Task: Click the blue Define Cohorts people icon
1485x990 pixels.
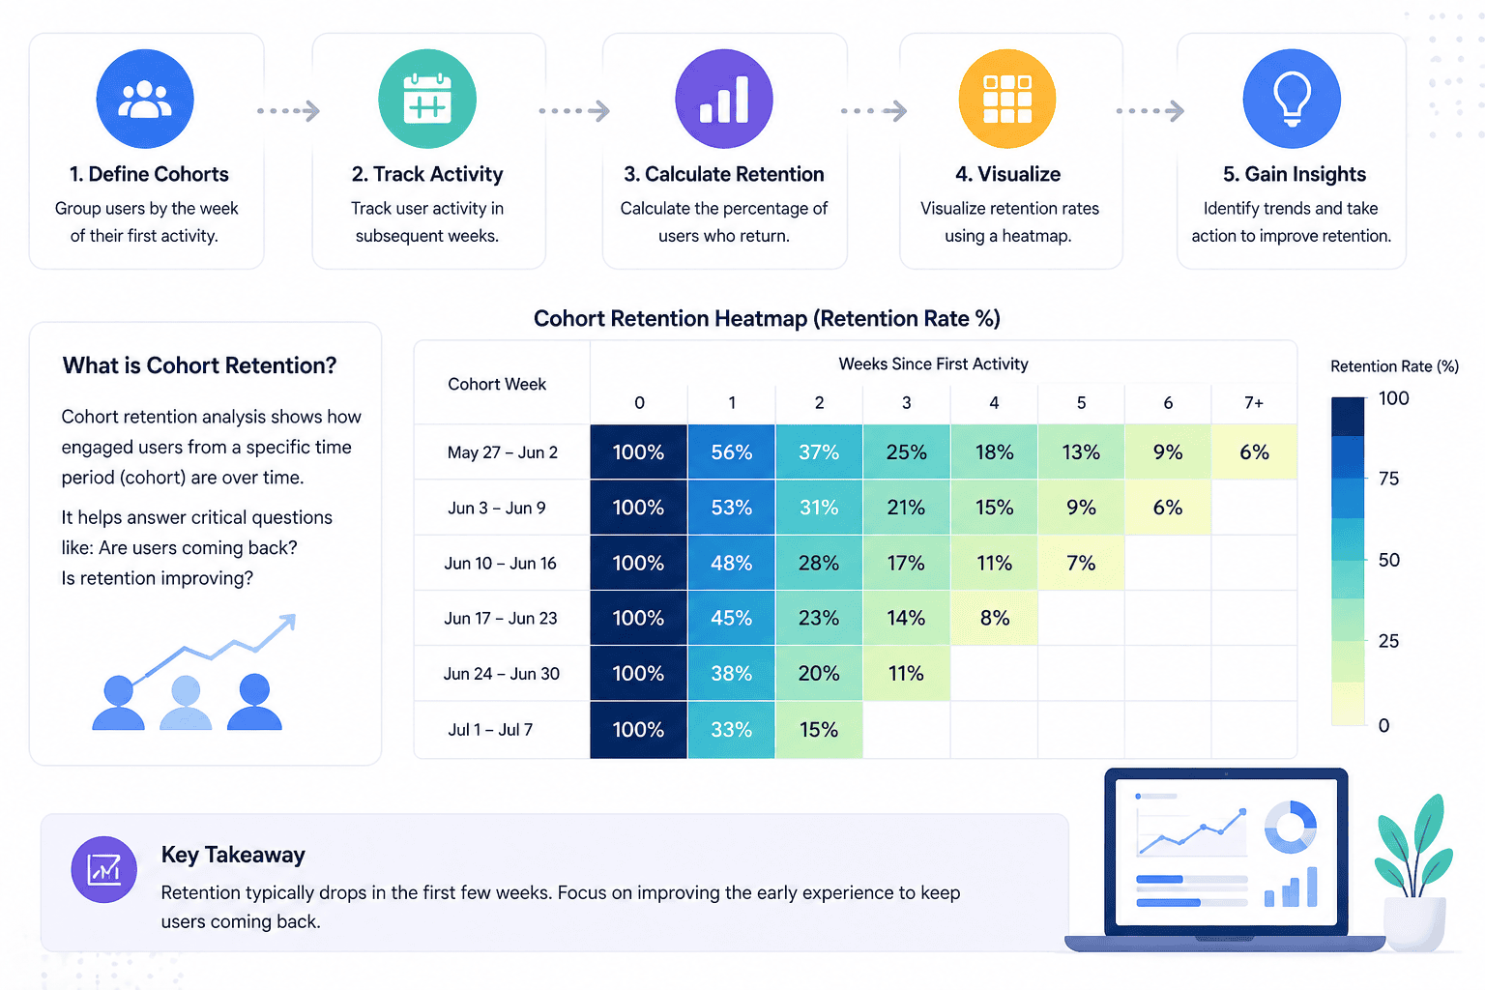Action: pos(145,99)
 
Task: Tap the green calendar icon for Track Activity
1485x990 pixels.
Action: pos(427,99)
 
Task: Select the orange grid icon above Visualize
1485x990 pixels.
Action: pos(1006,99)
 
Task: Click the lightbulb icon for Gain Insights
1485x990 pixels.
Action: pos(1292,99)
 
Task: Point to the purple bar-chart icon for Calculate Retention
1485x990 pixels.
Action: pos(724,99)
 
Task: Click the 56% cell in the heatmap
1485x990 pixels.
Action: pos(731,451)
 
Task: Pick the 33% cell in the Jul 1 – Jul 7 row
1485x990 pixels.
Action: pos(731,730)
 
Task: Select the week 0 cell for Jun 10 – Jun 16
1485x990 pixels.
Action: pos(638,563)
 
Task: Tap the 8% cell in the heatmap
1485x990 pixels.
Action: pos(994,618)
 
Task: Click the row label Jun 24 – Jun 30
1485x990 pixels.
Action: pos(501,674)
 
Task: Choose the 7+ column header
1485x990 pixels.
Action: pos(1254,402)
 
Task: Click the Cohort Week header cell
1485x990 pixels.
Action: pos(497,384)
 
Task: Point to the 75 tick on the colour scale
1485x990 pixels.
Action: pos(1388,479)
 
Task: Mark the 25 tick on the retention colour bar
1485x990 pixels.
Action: pos(1388,641)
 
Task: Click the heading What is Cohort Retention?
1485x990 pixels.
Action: pos(199,365)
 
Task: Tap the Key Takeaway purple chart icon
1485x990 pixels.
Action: pos(104,869)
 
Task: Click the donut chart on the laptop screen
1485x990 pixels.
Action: pos(1290,827)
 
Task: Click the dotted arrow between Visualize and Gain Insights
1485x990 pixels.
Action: pos(1150,111)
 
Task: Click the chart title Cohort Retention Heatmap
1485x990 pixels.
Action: pos(767,319)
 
